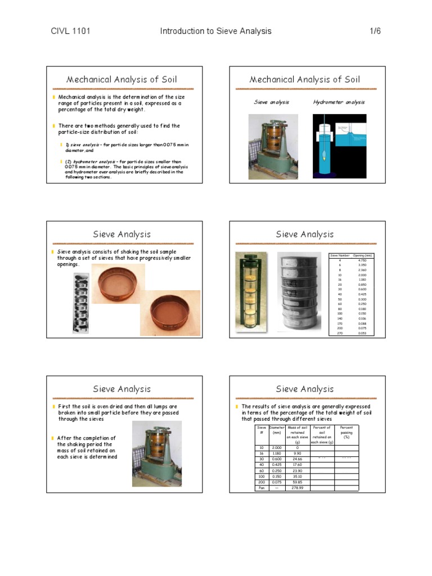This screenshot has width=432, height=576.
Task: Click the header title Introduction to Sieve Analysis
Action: point(215,31)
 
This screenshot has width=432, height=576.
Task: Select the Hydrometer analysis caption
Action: point(339,102)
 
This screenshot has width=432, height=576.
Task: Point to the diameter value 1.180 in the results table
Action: point(277,452)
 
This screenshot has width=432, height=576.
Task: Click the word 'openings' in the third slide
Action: point(69,264)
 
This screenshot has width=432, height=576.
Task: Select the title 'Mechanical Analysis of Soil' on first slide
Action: point(121,79)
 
